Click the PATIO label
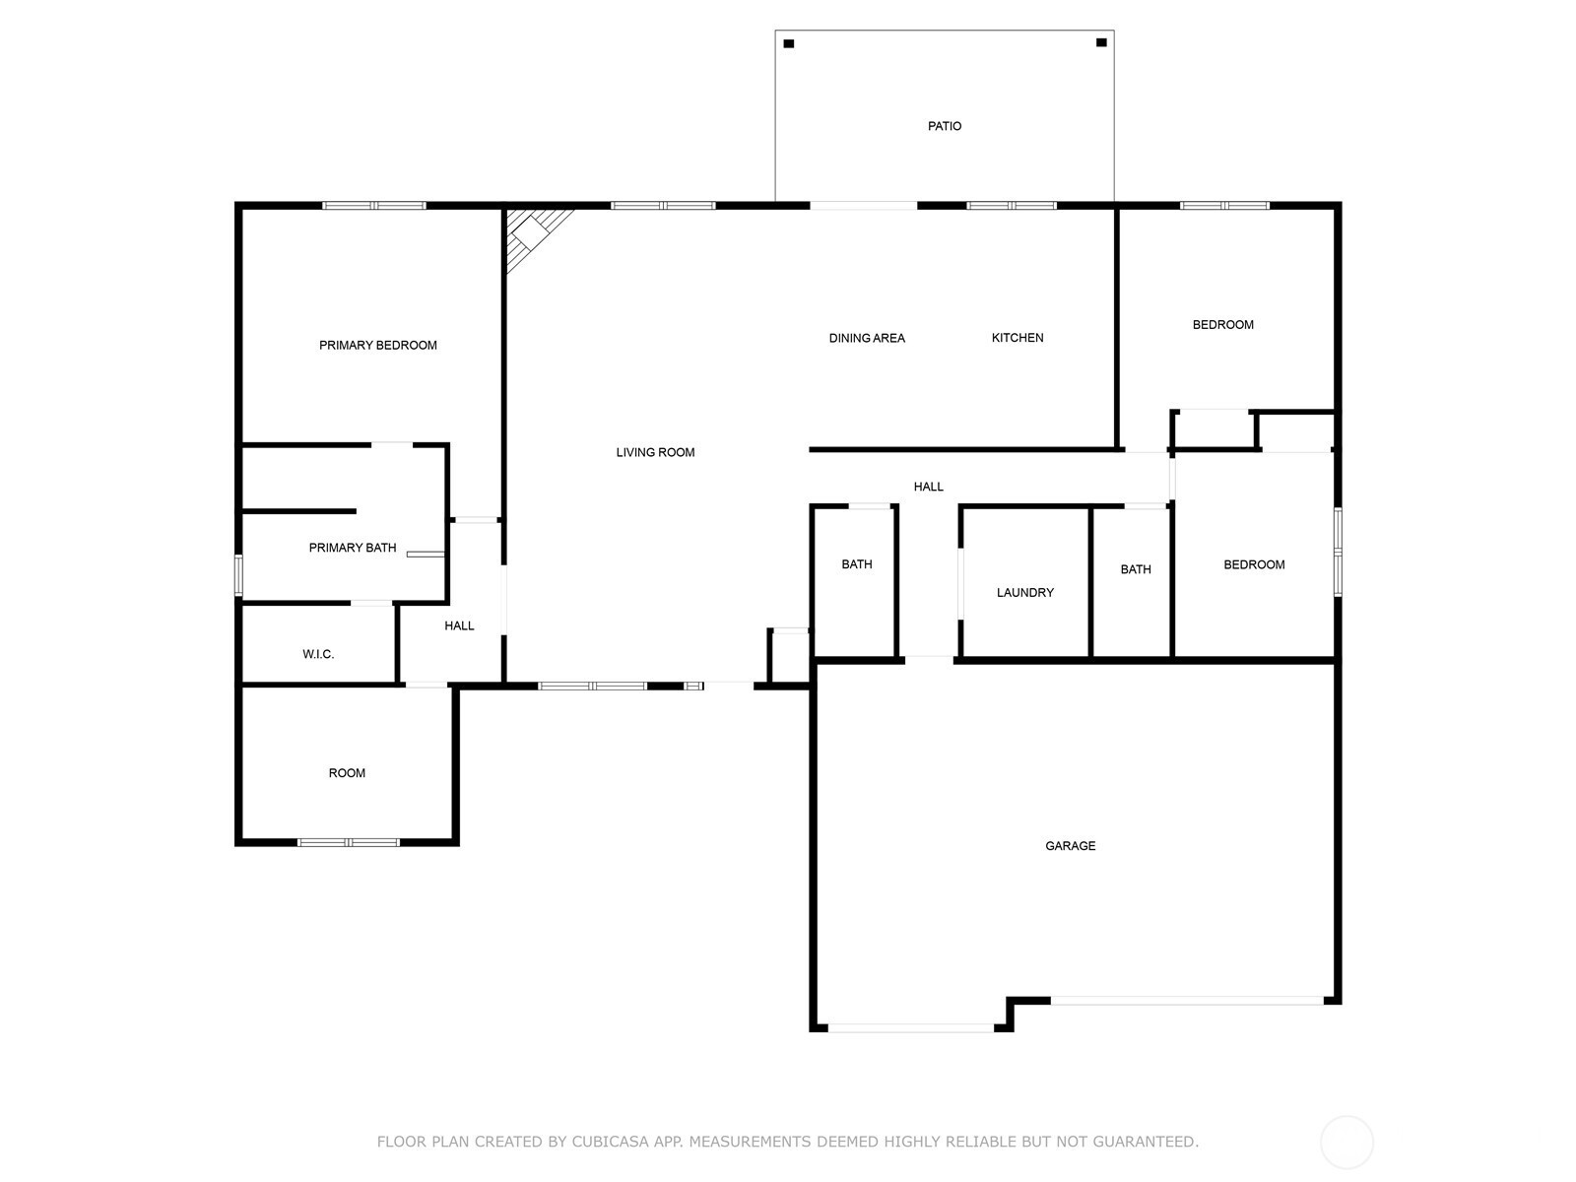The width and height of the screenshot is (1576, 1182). pos(944,126)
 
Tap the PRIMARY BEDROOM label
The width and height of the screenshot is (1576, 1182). pos(377,345)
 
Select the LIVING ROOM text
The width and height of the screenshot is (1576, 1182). pos(655,452)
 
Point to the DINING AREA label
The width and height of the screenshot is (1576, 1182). pos(867,338)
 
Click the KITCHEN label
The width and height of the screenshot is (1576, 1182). pos(1017,337)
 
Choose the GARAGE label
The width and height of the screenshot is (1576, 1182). pos(1070,846)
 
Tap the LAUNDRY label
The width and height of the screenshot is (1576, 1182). pos(1024,593)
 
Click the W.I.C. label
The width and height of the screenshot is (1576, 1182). pos(317,654)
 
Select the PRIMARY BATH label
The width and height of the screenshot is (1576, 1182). pos(352,548)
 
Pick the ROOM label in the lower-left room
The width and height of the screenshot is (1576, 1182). pos(347,773)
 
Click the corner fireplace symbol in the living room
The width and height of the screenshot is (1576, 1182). pos(534,234)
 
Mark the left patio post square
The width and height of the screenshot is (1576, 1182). pos(788,43)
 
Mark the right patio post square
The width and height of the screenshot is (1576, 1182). pos(1100,42)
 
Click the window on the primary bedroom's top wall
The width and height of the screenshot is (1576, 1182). pos(374,205)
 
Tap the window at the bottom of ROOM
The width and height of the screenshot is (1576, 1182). pos(349,842)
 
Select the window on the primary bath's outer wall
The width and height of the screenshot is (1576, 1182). pos(239,575)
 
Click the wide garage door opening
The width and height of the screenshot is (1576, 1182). pos(1187,1001)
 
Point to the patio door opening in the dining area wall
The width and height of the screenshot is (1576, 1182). pos(863,205)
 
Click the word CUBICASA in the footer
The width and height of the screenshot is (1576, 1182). pos(611,1141)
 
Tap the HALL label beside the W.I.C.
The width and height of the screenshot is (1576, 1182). pos(459,625)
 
